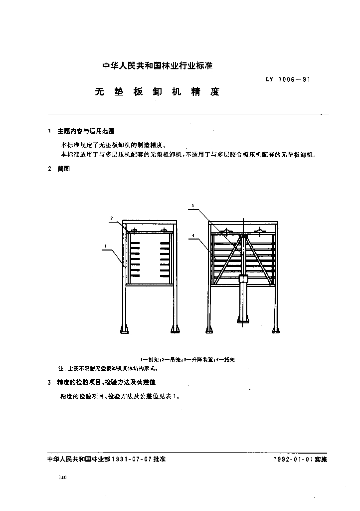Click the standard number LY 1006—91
point(286,79)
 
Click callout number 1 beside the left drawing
point(106,246)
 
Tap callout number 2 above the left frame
point(112,218)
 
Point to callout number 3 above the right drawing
point(192,206)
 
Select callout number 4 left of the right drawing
point(192,234)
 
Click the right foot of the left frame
point(175,328)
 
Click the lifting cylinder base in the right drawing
point(243,319)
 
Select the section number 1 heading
point(49,131)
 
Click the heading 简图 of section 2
point(63,169)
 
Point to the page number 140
point(62,478)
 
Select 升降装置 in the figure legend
point(205,359)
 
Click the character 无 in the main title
point(99,92)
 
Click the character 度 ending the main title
point(215,92)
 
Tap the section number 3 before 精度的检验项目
point(49,382)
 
